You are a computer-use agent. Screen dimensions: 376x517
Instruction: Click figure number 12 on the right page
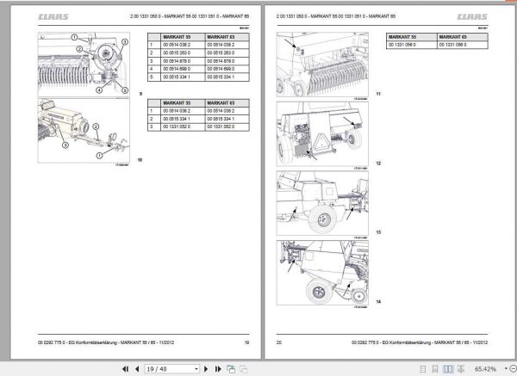tap(377, 163)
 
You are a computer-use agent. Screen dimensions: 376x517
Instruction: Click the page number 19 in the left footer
tap(246, 342)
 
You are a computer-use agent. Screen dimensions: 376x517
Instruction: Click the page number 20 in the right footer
tap(278, 342)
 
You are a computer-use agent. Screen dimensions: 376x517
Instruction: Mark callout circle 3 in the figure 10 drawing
tap(63, 146)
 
